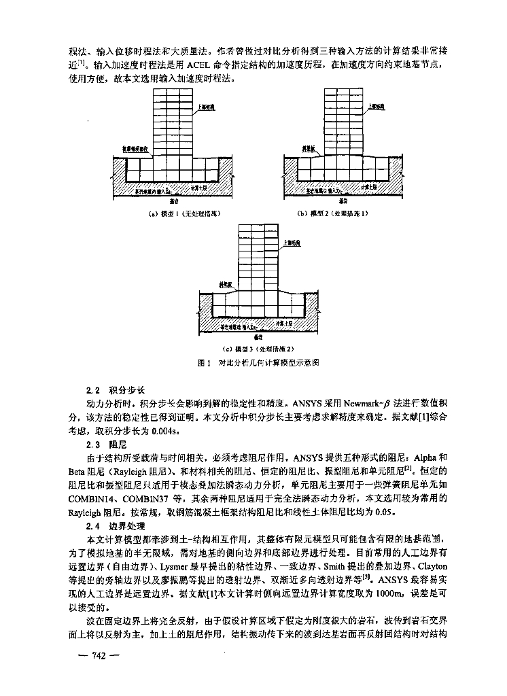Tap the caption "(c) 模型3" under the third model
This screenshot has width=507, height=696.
coord(258,349)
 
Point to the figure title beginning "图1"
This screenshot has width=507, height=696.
coord(258,363)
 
